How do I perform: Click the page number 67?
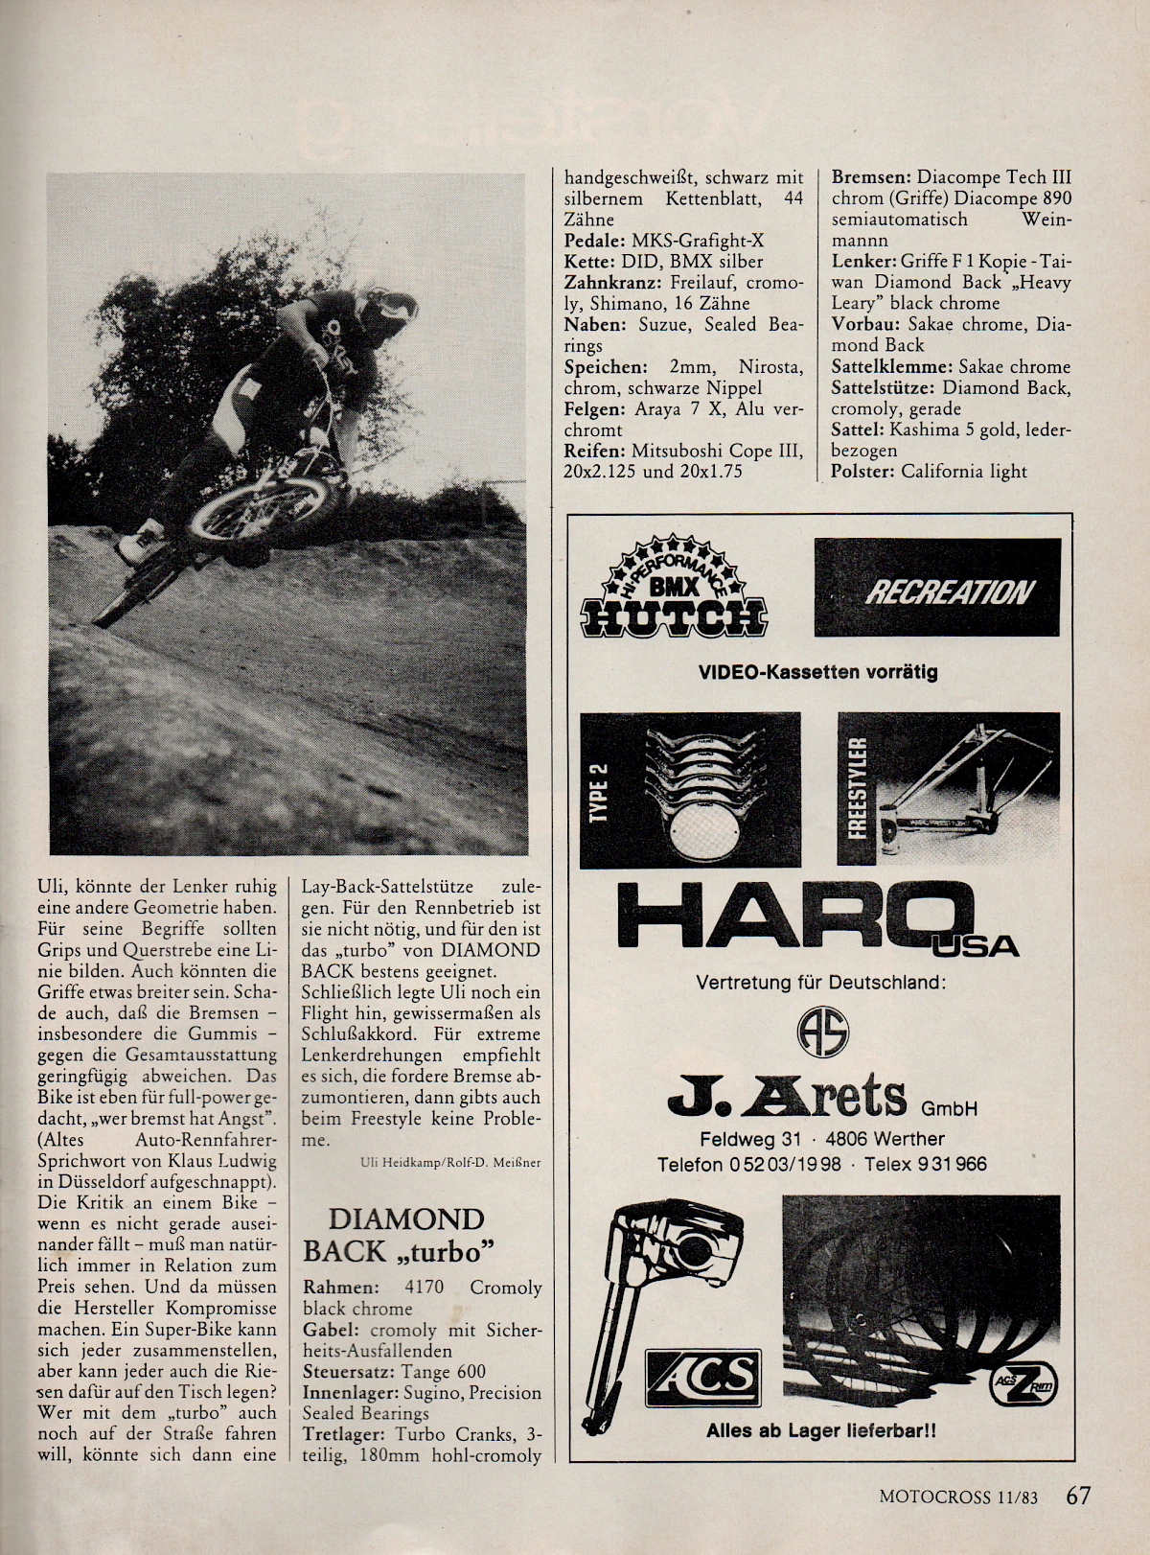click(x=1078, y=1496)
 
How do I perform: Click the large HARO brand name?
click(x=795, y=915)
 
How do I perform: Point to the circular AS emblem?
click(x=823, y=1033)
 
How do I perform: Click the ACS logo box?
click(x=703, y=1378)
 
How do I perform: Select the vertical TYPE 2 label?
click(x=599, y=791)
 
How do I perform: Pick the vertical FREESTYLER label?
click(x=857, y=789)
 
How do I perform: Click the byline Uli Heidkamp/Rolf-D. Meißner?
click(x=450, y=1163)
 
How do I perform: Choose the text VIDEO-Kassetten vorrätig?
click(x=817, y=672)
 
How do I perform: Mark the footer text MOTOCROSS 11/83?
click(x=958, y=1497)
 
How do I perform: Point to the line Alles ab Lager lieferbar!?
click(x=820, y=1430)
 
